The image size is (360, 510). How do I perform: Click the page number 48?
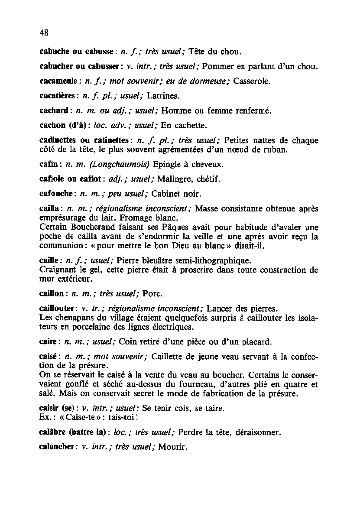[43, 33]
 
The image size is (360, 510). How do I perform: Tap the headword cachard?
[52, 111]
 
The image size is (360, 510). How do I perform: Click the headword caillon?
[51, 294]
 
